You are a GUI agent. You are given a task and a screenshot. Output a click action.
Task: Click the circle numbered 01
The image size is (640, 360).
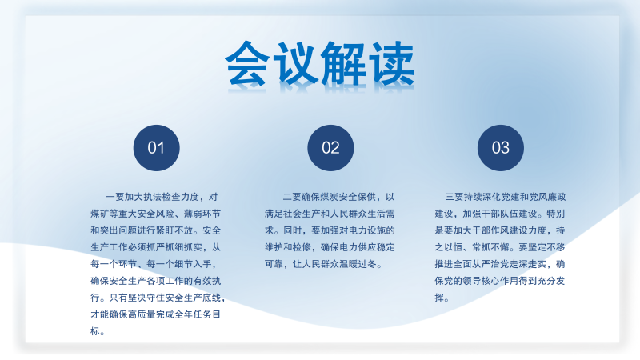click(x=156, y=148)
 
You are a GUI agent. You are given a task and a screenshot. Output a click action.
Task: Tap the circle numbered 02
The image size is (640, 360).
click(x=330, y=148)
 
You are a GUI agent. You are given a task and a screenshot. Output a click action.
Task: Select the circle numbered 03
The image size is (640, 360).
click(x=501, y=148)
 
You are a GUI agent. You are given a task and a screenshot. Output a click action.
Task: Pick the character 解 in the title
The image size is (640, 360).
click(x=344, y=64)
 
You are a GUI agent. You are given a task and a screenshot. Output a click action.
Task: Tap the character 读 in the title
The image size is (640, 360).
click(x=392, y=64)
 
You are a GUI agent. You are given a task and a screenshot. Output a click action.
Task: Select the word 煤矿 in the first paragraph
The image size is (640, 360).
click(x=99, y=214)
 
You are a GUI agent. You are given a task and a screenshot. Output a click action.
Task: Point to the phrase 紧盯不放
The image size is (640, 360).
click(x=174, y=230)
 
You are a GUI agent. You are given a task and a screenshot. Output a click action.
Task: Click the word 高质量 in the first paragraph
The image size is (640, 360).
click(x=151, y=314)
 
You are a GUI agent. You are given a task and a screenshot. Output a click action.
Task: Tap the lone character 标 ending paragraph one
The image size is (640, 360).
click(x=95, y=331)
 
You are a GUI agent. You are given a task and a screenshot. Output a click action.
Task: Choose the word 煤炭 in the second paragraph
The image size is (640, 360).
click(x=330, y=197)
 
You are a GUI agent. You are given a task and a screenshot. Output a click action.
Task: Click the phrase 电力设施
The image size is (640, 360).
click(x=367, y=230)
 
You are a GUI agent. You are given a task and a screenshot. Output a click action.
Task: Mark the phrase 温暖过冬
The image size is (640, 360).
click(x=358, y=264)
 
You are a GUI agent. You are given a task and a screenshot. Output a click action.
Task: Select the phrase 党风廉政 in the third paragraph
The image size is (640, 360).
click(x=547, y=197)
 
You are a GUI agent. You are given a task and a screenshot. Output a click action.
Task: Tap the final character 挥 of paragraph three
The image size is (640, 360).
click(x=439, y=298)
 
